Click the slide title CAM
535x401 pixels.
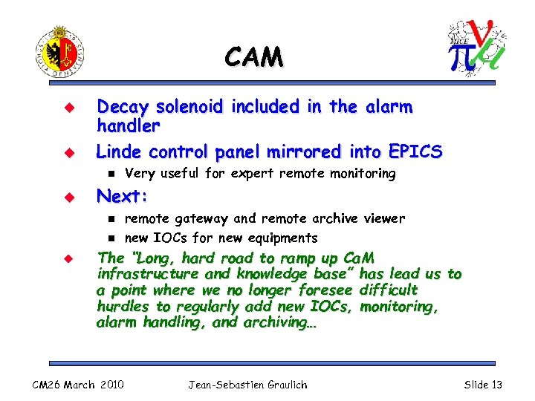pyautogui.click(x=253, y=56)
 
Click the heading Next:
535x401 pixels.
pyautogui.click(x=123, y=197)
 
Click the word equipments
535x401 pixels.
pyautogui.click(x=283, y=238)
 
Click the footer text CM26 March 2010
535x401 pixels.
pyautogui.click(x=78, y=384)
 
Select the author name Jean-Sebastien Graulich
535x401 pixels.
pyautogui.click(x=247, y=384)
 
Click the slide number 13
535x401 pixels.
pyautogui.click(x=496, y=384)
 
